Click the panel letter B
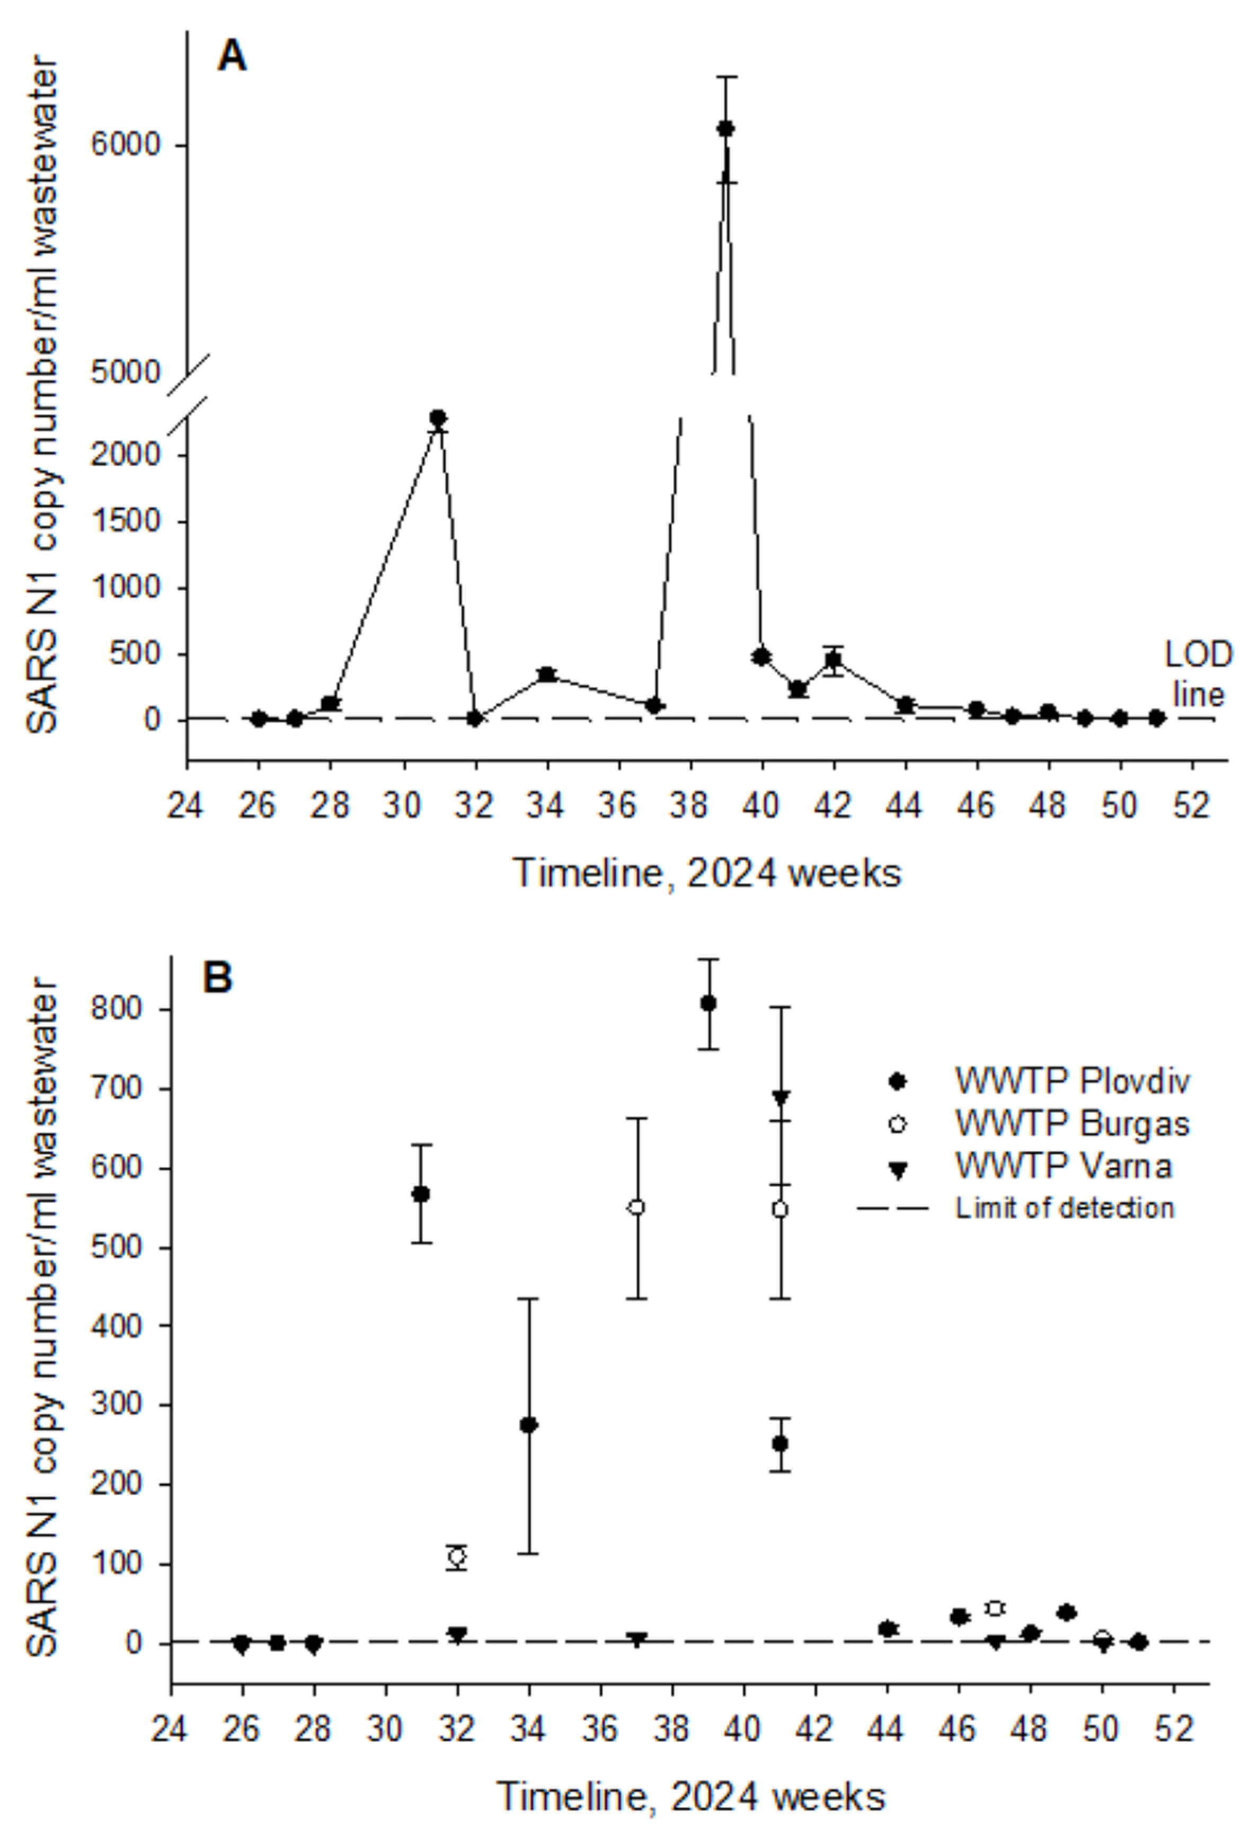[x=217, y=977]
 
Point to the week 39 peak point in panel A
[x=725, y=129]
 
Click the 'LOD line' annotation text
[x=1198, y=674]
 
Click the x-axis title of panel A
[x=706, y=874]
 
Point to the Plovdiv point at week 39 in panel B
[x=708, y=1004]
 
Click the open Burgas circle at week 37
[x=636, y=1207]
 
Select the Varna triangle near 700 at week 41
[x=781, y=1097]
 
